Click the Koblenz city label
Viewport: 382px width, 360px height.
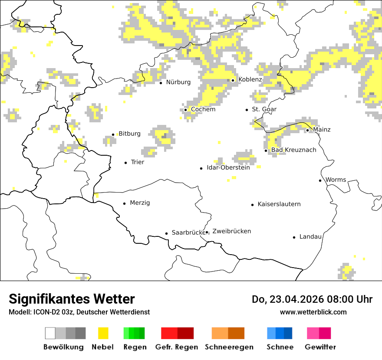tap(250, 80)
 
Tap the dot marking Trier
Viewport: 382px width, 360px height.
tap(126, 163)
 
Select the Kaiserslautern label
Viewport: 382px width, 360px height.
tap(279, 204)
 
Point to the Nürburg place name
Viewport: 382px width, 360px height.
tap(178, 82)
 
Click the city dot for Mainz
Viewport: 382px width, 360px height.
tap(307, 130)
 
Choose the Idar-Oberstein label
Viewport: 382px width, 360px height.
tap(228, 168)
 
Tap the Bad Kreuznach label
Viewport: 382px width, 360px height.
tap(293, 150)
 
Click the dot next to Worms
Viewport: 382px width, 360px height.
tap(320, 180)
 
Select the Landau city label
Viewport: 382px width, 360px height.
tap(310, 237)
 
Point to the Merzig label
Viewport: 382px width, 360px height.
tap(140, 203)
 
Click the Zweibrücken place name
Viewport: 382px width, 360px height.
tap(231, 231)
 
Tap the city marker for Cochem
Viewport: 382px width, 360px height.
tap(185, 110)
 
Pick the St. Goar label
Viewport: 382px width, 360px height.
tap(264, 109)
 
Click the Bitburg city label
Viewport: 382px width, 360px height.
tap(129, 134)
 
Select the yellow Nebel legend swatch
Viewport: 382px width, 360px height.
tap(103, 333)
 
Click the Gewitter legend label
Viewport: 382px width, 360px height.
tap(320, 347)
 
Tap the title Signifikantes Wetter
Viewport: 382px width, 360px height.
tap(72, 299)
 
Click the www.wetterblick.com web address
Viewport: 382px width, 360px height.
tap(313, 312)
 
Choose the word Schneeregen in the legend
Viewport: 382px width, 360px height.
tap(229, 347)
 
